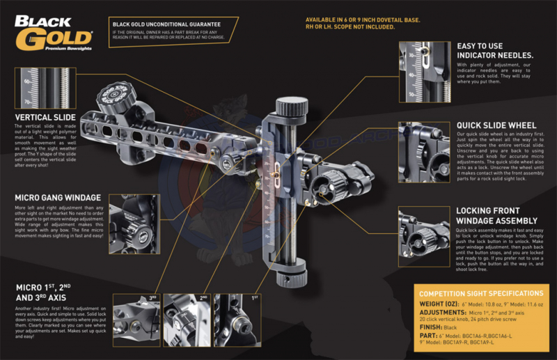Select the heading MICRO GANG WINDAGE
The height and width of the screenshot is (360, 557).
pyautogui.click(x=58, y=198)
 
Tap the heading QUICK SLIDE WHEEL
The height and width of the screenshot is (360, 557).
pyautogui.click(x=497, y=125)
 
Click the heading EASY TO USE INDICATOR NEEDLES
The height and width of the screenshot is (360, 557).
pyautogui.click(x=495, y=50)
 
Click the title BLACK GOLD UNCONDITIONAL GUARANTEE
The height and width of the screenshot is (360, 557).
pyautogui.click(x=171, y=24)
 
